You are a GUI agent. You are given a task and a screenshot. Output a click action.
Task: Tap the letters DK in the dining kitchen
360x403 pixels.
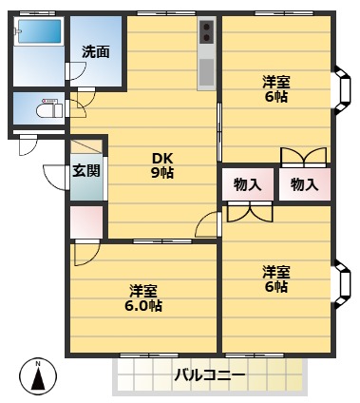pyautogui.click(x=162, y=157)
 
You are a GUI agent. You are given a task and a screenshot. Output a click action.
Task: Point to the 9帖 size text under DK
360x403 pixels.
pyautogui.click(x=162, y=173)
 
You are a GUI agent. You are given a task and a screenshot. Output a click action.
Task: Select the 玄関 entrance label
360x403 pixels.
pyautogui.click(x=85, y=171)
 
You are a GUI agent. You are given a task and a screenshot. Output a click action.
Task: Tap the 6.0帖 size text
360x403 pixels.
pyautogui.click(x=142, y=306)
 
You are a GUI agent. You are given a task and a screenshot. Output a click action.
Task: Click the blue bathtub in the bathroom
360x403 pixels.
pyautogui.click(x=39, y=32)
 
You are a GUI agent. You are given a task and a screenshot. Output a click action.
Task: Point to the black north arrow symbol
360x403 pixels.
pyautogui.click(x=37, y=380)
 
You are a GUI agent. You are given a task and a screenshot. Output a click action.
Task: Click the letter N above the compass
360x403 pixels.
pyautogui.click(x=37, y=363)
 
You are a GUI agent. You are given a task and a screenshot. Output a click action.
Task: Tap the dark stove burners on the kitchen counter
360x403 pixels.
pyautogui.click(x=207, y=35)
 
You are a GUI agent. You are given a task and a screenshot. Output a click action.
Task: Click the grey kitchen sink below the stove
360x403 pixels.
pyautogui.click(x=207, y=71)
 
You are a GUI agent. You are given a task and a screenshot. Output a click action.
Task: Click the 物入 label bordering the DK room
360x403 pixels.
pyautogui.click(x=247, y=184)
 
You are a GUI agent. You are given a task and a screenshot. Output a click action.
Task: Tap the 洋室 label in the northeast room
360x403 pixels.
pyautogui.click(x=276, y=81)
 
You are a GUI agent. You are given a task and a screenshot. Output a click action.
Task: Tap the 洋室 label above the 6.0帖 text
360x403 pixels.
pyautogui.click(x=142, y=290)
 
